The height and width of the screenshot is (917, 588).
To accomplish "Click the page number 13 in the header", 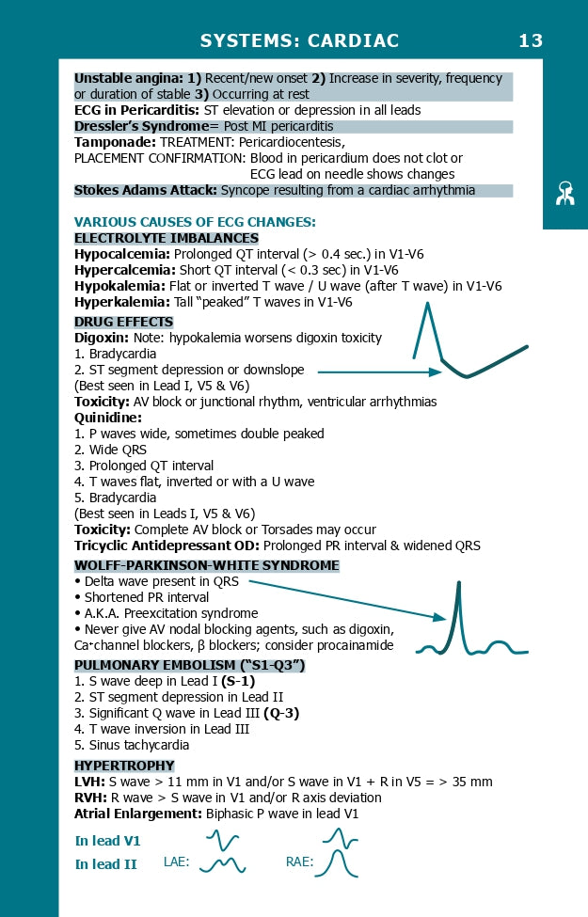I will pos(531,40).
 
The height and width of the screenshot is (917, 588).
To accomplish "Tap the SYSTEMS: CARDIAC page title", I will pos(299,40).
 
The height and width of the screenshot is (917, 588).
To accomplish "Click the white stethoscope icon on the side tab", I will pos(564,193).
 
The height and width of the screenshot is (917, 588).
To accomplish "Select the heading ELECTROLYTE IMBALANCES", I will pos(167,238).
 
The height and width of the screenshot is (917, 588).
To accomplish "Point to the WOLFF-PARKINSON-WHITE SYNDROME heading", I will pos(207,565).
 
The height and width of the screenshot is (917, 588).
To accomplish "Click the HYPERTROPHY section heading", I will pos(124,766).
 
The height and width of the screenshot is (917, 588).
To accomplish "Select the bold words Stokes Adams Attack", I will pos(145,190).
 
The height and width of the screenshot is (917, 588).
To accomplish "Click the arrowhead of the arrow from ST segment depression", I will pos(435,372).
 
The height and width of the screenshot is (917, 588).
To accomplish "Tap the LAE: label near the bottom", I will pos(176,861).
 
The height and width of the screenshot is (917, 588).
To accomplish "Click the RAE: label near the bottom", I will pos(300,861).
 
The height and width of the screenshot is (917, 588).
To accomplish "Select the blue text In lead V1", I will pos(107,841).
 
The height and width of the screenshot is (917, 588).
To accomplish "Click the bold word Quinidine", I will pos(107,418).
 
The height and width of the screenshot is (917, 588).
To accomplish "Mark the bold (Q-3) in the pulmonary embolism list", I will pos(280,713).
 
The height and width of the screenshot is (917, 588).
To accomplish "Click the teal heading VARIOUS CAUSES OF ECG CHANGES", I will pos(195,222).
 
